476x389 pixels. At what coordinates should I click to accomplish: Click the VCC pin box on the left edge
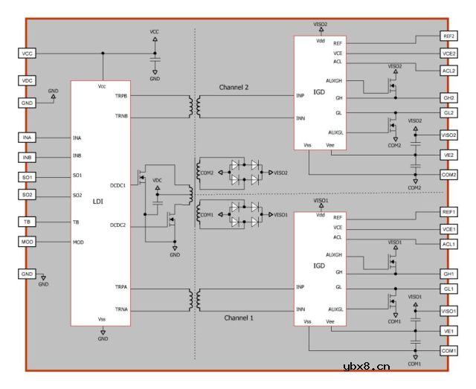coord(28,54)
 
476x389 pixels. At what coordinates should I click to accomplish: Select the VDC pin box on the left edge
coord(28,80)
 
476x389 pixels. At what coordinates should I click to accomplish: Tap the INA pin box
coord(28,138)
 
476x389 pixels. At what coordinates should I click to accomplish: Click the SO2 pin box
coord(28,195)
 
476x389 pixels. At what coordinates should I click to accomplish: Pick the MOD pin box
coord(28,242)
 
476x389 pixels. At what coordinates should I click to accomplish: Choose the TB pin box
coord(28,222)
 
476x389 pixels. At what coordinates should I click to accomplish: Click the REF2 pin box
coord(448,36)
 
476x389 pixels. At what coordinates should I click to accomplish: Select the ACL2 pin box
coord(448,70)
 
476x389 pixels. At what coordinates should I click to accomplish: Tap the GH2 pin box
coord(448,98)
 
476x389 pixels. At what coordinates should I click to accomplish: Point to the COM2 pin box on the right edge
coord(448,174)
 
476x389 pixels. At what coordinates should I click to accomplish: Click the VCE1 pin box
coord(448,230)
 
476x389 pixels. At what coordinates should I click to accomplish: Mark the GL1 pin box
coord(448,288)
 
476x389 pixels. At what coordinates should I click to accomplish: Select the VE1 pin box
coord(448,331)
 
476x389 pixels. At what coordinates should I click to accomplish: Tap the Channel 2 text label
coord(234,87)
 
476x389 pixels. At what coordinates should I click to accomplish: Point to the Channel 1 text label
coord(239,318)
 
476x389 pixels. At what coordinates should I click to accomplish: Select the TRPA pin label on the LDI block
coord(120,287)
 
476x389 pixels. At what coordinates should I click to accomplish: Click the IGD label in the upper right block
coord(319,92)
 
